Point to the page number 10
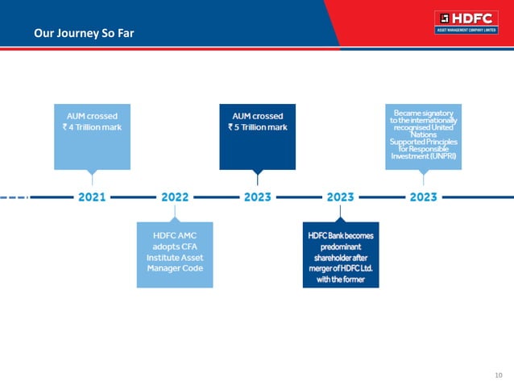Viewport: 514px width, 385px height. click(498, 374)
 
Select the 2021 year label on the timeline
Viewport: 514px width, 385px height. click(92, 197)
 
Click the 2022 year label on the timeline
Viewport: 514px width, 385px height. click(175, 197)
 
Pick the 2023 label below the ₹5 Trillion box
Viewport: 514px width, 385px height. click(258, 197)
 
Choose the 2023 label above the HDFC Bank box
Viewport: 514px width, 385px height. click(341, 197)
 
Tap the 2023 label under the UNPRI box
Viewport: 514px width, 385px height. click(424, 197)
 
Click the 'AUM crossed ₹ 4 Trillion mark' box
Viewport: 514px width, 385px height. click(92, 135)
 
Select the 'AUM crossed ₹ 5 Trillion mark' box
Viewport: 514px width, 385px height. click(258, 135)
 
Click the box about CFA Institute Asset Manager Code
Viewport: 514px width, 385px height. click(175, 254)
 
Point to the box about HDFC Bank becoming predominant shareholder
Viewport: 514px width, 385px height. click(341, 254)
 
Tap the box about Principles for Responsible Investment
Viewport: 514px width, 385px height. click(424, 135)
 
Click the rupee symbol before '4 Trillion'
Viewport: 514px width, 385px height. click(66, 127)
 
